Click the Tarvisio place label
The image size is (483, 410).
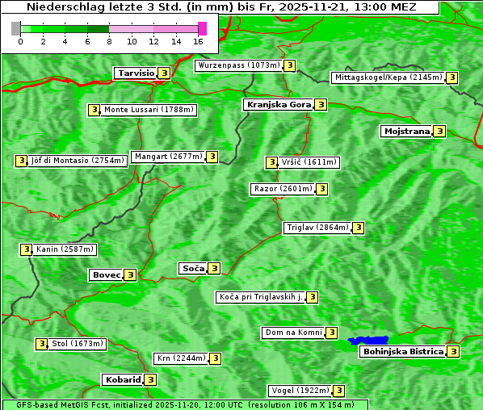coord(136,73)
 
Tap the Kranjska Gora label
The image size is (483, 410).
coord(278,105)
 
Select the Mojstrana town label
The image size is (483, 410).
coord(407,131)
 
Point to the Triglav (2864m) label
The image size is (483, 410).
coord(317,228)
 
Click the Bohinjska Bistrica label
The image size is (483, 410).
coord(403,352)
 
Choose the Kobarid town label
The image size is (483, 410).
coord(122,379)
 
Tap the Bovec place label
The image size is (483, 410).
coord(106,274)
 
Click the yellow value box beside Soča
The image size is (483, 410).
coord(214,268)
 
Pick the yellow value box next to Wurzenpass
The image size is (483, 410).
coord(290,65)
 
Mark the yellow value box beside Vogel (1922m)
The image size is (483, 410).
coord(340,391)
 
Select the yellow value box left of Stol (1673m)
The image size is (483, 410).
coord(41,344)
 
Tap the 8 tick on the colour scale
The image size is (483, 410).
coord(109,41)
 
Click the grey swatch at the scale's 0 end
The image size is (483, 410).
coord(16,28)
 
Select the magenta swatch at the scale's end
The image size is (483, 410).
coord(202,28)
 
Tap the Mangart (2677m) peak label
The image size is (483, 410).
coord(168,157)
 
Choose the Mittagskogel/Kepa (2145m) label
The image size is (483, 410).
coord(388,77)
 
